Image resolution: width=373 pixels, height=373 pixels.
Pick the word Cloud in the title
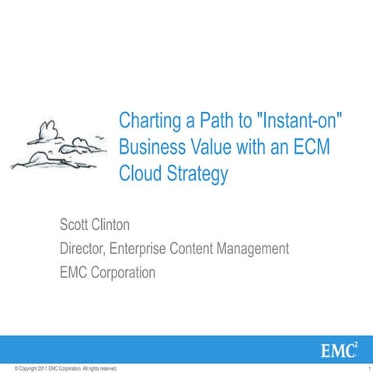pos(138,173)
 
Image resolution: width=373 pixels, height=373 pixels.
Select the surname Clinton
pos(120,226)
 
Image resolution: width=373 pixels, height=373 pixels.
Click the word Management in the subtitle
pos(249,249)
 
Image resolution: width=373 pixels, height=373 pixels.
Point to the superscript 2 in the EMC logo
pos(356,342)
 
